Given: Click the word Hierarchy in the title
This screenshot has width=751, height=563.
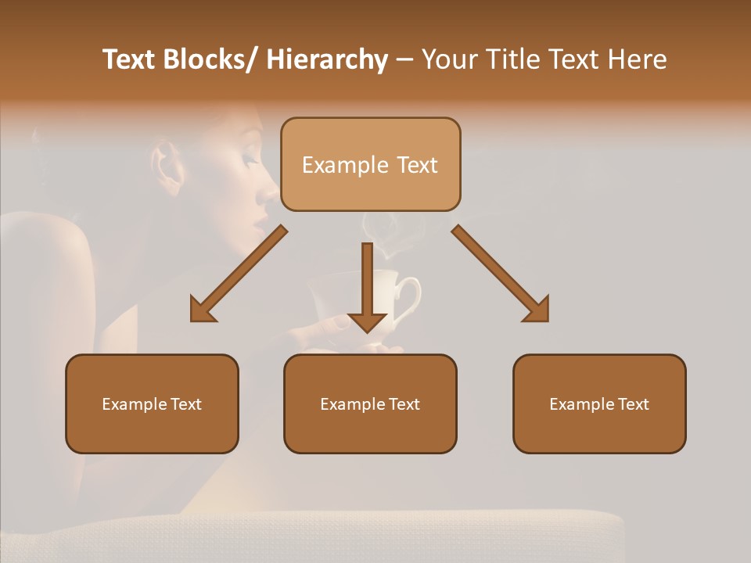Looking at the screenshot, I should (327, 59).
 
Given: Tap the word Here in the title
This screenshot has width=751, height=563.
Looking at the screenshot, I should (635, 59).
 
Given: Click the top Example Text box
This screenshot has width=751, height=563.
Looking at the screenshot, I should (370, 164).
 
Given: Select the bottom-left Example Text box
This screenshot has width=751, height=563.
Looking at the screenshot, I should (152, 403).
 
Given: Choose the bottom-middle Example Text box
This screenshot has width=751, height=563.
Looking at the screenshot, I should (370, 403).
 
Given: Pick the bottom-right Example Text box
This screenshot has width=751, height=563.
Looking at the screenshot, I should (599, 403).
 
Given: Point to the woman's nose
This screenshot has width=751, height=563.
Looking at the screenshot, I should (271, 192).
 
